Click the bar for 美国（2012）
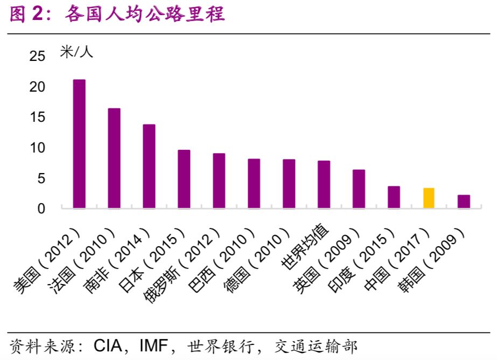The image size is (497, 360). pyautogui.click(x=79, y=144)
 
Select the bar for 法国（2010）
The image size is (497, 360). pyautogui.click(x=114, y=158)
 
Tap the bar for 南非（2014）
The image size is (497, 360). pyautogui.click(x=149, y=166)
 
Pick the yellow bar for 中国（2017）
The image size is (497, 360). pyautogui.click(x=429, y=198)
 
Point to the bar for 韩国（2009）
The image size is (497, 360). pyautogui.click(x=464, y=202)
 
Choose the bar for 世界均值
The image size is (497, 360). pyautogui.click(x=324, y=184)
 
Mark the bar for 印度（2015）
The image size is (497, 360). pyautogui.click(x=394, y=197)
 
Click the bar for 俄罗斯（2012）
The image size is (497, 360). pyautogui.click(x=219, y=181)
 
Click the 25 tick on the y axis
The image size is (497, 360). pyautogui.click(x=38, y=57)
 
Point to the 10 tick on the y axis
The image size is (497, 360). pyautogui.click(x=38, y=148)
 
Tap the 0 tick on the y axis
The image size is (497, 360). pyautogui.click(x=42, y=209)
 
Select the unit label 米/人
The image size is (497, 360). pyautogui.click(x=76, y=52)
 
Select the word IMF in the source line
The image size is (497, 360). pyautogui.click(x=153, y=345)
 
